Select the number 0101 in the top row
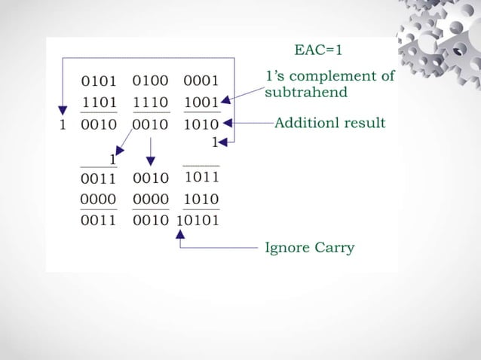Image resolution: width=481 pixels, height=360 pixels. point(98,81)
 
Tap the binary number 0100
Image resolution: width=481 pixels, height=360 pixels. point(149,81)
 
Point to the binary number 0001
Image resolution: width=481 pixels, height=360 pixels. point(201,81)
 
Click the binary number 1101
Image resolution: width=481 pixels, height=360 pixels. point(98,102)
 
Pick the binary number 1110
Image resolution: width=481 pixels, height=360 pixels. point(149,102)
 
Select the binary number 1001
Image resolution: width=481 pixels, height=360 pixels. point(201,102)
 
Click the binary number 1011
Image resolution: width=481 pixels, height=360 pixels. point(201,178)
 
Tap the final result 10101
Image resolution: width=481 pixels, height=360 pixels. point(198,221)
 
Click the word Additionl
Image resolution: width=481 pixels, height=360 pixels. point(307,122)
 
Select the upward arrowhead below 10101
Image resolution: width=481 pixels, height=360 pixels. point(179,235)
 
